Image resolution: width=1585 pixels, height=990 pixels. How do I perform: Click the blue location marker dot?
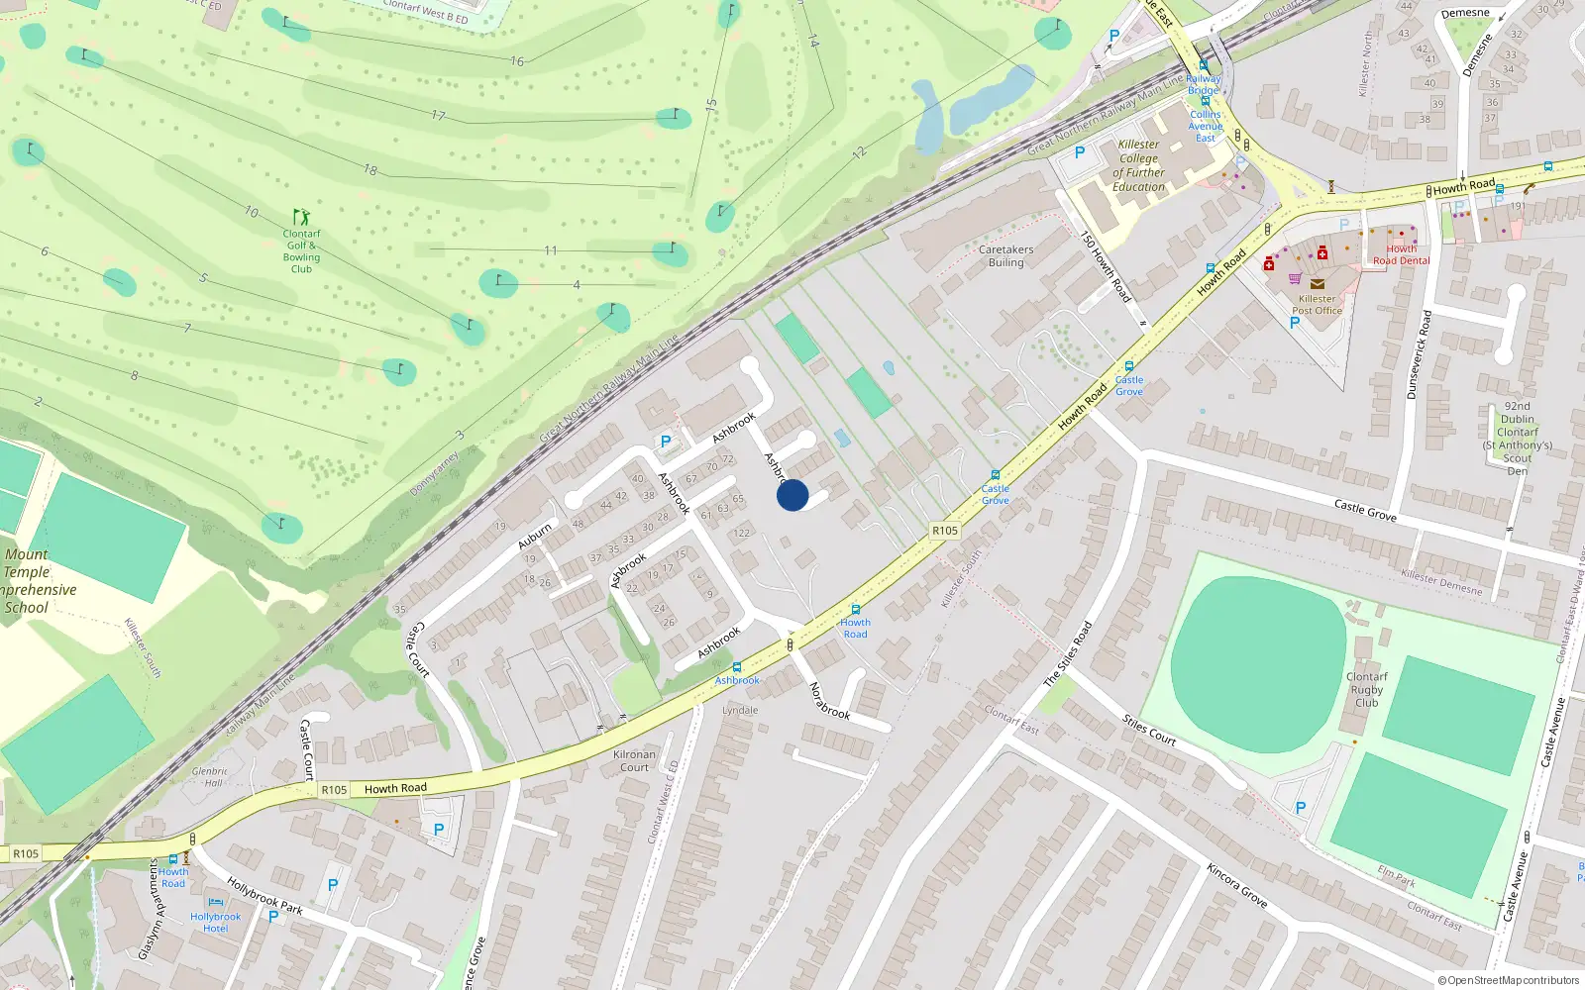coord(792,495)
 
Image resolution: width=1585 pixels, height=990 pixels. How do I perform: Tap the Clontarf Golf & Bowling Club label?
coord(301,251)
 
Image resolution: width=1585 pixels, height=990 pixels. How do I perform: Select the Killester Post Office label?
coord(1317,305)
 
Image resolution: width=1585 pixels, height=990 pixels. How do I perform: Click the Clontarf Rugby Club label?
coord(1366,690)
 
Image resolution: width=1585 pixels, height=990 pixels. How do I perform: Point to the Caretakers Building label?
coord(1005,256)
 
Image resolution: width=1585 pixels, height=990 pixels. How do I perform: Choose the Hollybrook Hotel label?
coord(215,923)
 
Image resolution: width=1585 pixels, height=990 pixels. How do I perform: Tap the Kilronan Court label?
coord(634,760)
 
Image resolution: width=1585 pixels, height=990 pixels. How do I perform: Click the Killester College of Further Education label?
coord(1138,165)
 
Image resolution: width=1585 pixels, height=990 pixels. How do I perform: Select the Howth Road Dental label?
coord(1401,255)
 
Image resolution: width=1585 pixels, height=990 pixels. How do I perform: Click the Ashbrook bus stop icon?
coord(736,667)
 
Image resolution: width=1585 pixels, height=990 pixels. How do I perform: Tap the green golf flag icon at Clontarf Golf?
coord(301,216)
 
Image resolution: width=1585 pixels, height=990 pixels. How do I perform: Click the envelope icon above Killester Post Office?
coord(1317,284)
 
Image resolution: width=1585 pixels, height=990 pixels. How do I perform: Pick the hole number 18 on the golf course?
coord(370,170)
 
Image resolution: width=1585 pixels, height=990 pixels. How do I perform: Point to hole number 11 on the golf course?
coord(551,250)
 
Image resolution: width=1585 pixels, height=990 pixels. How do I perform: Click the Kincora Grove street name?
coord(1236,885)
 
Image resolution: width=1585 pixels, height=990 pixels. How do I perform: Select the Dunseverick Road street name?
coord(1419,354)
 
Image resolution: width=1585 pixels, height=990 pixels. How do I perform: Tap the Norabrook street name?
coord(829,700)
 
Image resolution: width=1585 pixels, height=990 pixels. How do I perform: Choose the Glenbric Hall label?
coord(210,777)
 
